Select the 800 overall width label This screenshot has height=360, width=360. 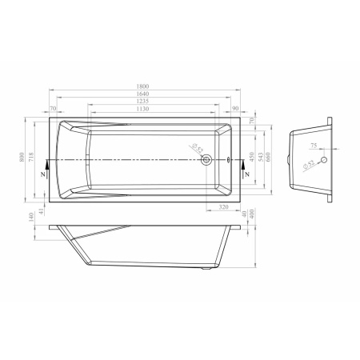click(22, 158)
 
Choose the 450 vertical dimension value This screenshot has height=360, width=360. click(252, 158)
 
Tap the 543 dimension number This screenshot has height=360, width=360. click(262, 158)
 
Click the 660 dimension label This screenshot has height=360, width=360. click(270, 158)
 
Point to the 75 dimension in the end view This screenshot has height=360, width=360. click(314, 147)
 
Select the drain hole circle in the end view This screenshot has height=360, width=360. click(323, 159)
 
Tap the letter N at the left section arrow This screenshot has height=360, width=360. click(48, 174)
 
